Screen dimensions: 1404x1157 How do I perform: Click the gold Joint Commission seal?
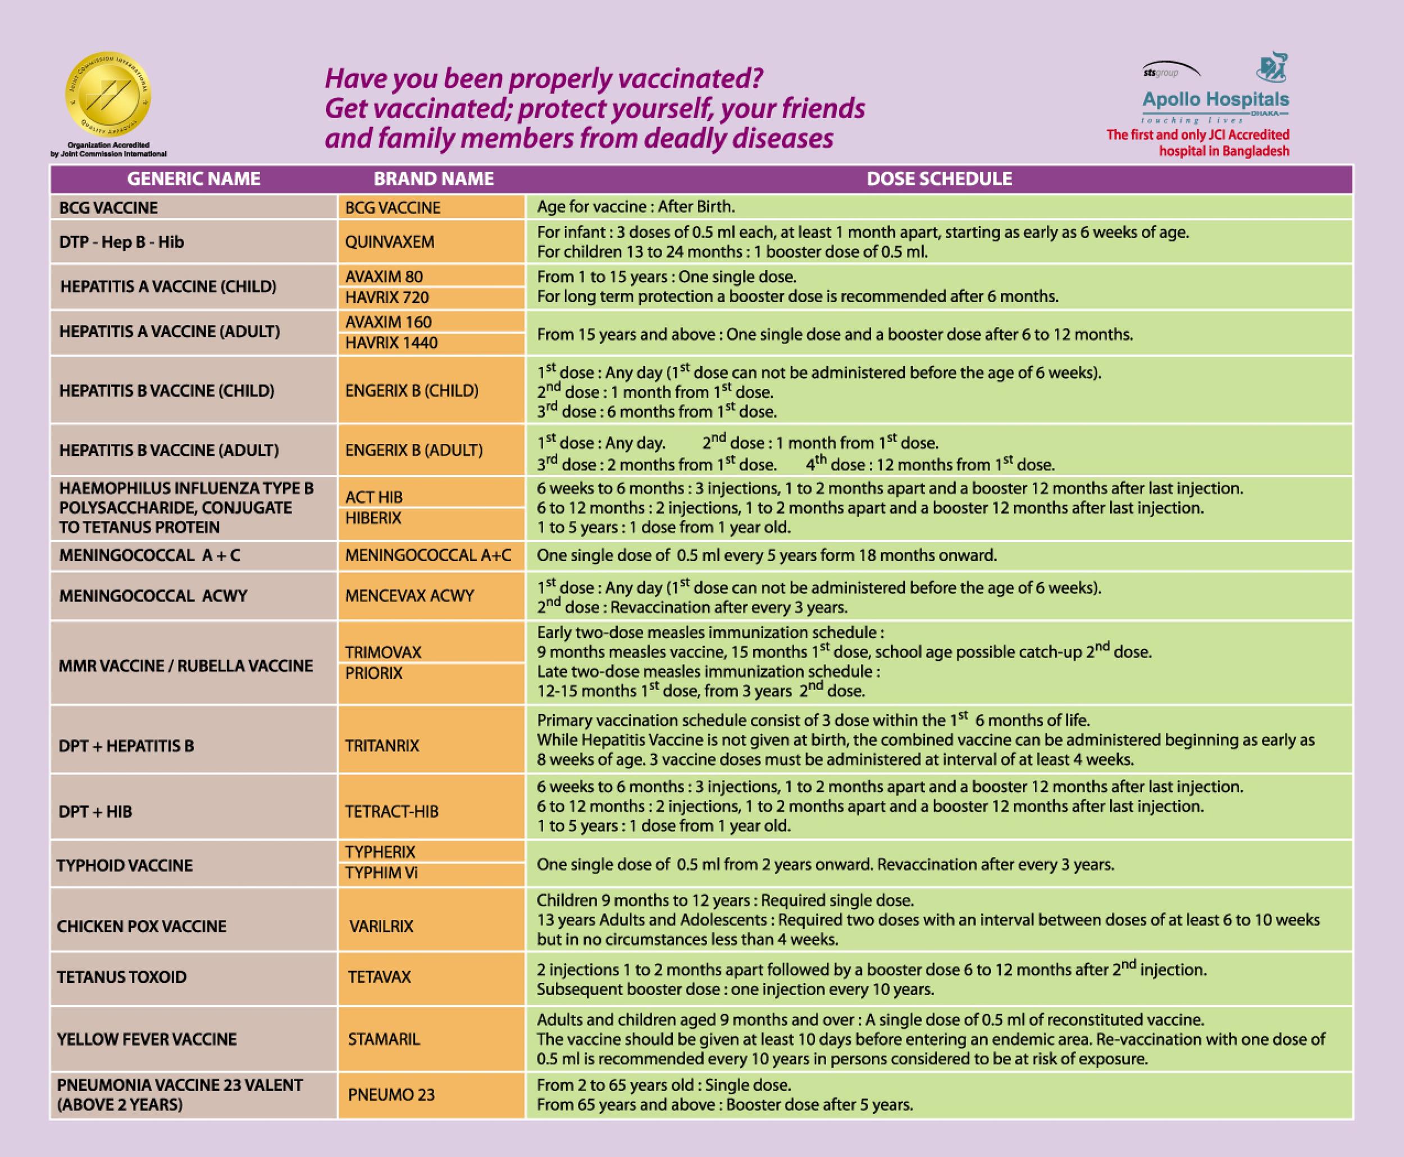tap(108, 96)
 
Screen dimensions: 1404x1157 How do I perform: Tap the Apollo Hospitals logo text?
tap(1215, 100)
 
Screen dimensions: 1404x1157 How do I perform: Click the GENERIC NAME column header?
tap(194, 179)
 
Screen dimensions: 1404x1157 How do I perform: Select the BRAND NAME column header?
tap(434, 179)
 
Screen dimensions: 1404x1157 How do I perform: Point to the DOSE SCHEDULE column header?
tap(939, 179)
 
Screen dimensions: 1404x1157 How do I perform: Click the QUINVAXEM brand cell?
tap(432, 242)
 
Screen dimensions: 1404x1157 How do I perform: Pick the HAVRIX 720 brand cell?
tap(432, 298)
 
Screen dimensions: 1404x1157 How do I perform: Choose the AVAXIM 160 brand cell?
tap(432, 322)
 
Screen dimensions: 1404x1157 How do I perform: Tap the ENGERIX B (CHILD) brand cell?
tap(432, 391)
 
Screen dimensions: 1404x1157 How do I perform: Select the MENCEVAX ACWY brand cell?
tap(432, 596)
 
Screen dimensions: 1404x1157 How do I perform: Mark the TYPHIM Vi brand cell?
tap(432, 874)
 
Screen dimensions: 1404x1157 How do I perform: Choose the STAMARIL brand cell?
tap(432, 1039)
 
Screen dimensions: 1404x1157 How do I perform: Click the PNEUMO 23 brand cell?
tap(432, 1095)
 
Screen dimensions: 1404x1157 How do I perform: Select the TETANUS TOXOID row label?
tap(122, 978)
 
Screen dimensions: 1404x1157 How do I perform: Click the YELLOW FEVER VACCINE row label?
tap(147, 1040)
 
